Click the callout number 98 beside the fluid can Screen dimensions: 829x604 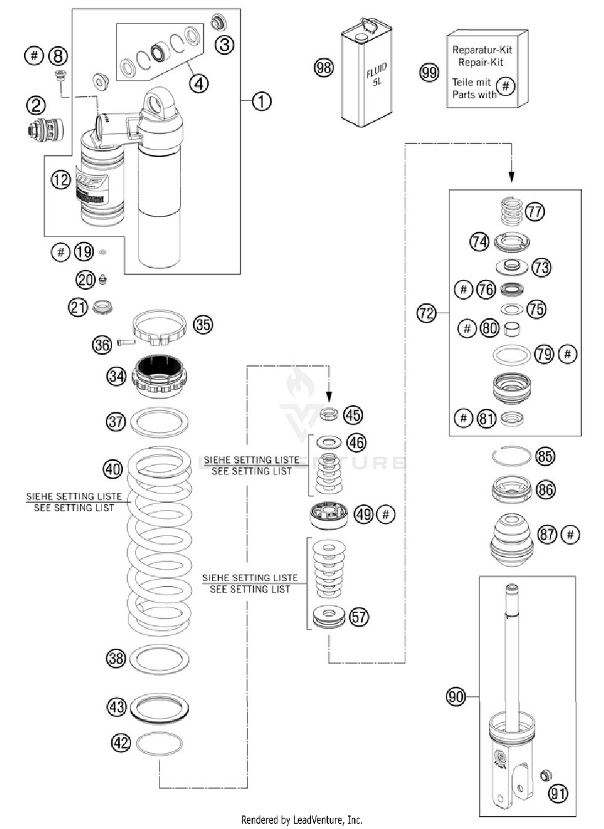(324, 68)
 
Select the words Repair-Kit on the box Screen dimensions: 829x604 (481, 62)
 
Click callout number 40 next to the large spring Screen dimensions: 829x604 (113, 469)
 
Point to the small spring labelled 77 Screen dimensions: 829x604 (511, 211)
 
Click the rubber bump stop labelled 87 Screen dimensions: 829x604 (511, 539)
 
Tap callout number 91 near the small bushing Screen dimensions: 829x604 (558, 793)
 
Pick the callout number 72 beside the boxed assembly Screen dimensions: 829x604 (426, 313)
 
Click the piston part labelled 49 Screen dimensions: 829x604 (329, 515)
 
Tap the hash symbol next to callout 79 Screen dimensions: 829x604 (568, 354)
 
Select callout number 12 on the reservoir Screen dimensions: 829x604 (61, 180)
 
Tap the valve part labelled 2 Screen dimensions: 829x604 (46, 130)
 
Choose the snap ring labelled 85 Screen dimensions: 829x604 (511, 456)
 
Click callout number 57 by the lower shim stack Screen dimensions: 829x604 (358, 617)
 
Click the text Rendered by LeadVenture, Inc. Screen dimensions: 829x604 (302, 820)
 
